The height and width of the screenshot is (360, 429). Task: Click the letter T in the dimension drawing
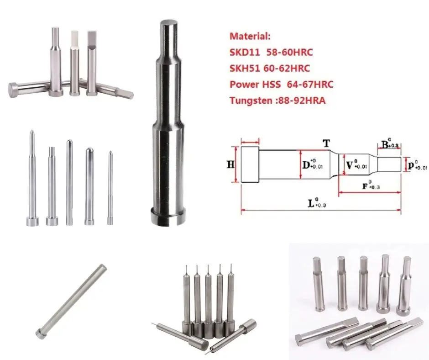[326, 143]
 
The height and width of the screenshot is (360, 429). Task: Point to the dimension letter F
[365, 186]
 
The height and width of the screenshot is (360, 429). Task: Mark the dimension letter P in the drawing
[411, 164]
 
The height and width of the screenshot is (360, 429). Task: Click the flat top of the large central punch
[168, 24]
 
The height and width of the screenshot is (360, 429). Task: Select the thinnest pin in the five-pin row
[110, 187]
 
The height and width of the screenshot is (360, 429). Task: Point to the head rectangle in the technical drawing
[250, 164]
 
